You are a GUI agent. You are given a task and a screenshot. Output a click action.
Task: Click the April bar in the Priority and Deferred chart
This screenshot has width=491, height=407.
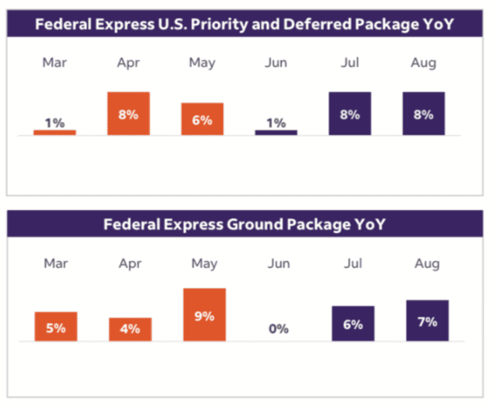point(128,114)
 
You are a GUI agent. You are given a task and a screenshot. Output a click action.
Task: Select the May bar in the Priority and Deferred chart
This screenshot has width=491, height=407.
point(202,119)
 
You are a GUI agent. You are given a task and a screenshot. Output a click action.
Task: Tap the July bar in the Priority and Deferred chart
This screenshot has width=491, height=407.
point(350,114)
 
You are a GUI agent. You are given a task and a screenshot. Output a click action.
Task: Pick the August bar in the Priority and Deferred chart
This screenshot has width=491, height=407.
point(424,114)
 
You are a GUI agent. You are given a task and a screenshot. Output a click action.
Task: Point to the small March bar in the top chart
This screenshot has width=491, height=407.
point(55,132)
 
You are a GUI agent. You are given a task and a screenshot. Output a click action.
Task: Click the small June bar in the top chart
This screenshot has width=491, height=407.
point(276,132)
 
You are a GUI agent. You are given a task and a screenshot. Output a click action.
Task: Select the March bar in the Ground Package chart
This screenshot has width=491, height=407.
point(56,326)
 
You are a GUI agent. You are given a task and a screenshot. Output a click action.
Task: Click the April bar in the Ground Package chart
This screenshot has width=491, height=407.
point(130,329)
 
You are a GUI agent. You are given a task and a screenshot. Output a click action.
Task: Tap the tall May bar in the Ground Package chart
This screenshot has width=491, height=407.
point(204,314)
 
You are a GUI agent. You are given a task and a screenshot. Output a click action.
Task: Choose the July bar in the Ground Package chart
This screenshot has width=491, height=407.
point(353,324)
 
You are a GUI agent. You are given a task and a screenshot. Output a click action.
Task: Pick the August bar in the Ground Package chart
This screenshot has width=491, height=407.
point(427,321)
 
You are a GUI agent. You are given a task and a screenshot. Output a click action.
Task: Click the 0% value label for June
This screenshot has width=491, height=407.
point(279,328)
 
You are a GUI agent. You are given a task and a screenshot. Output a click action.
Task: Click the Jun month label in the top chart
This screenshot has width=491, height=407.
point(276,63)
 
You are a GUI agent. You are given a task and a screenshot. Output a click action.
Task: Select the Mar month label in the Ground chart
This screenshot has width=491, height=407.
point(56,263)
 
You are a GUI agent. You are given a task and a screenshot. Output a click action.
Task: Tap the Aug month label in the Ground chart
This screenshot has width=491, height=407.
point(427,263)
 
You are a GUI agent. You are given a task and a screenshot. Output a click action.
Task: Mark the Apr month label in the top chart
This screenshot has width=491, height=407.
point(128,63)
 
